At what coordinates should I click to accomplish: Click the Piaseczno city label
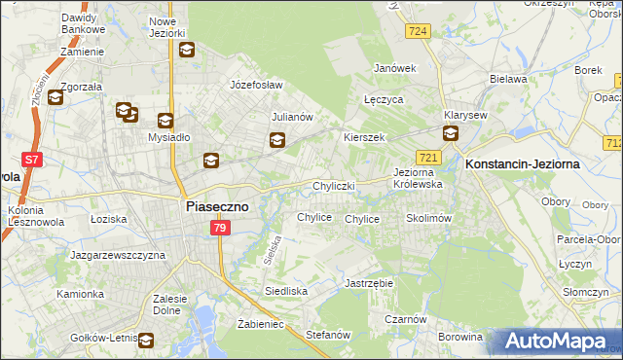217,206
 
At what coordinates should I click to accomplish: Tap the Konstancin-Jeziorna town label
523,164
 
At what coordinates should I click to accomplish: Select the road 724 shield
419,31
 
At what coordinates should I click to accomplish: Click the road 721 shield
428,157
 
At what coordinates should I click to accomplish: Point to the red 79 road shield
220,228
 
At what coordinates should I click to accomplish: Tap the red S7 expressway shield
32,159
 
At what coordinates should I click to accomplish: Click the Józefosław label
255,85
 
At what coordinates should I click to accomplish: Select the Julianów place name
291,117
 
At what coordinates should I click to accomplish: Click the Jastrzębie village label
368,283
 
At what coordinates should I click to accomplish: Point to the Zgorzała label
82,86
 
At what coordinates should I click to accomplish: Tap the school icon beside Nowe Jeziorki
187,51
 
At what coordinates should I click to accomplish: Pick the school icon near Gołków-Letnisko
146,340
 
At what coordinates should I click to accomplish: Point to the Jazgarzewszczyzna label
118,255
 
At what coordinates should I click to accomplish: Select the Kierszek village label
365,137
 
